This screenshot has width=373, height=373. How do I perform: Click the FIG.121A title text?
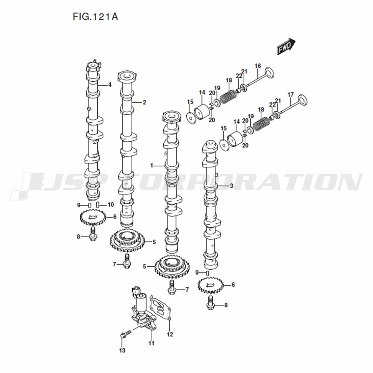click(95, 17)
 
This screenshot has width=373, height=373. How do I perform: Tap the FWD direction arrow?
click(286, 46)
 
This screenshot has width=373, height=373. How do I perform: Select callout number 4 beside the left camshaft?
click(110, 84)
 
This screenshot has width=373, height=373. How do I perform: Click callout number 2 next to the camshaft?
click(144, 102)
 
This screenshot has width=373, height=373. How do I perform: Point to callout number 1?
click(151, 165)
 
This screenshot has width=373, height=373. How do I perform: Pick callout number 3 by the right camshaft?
click(231, 185)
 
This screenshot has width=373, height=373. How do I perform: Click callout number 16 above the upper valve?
click(258, 66)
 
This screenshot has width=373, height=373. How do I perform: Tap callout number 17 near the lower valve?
click(291, 95)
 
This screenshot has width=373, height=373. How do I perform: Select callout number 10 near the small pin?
click(111, 204)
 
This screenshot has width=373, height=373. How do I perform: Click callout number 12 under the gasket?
click(170, 334)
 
